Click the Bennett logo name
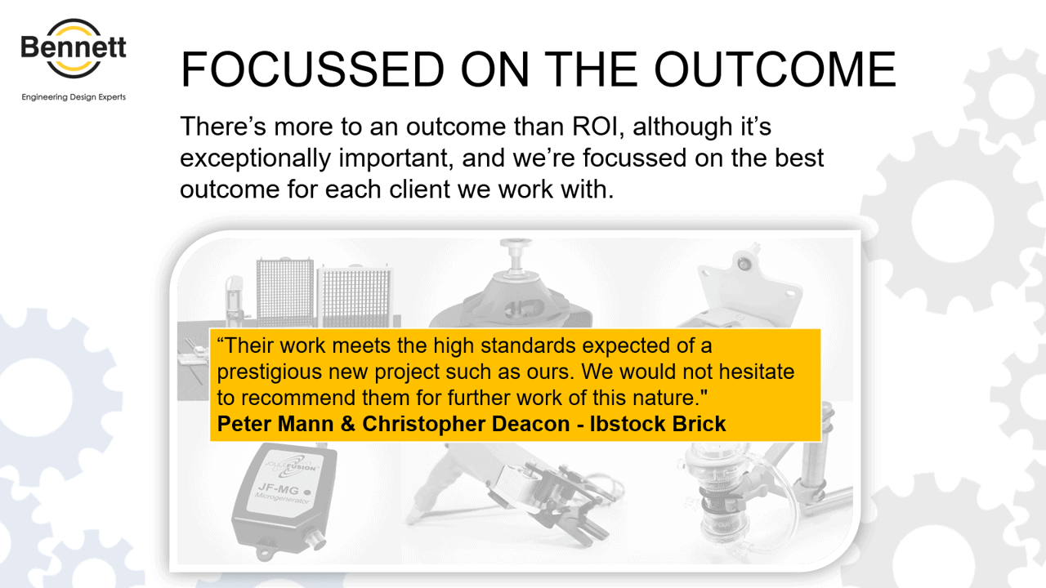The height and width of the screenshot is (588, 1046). coord(74,47)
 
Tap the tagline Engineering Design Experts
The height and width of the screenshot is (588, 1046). coord(74,97)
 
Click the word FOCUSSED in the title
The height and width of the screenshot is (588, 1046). coord(312,69)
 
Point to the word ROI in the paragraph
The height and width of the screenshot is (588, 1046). coord(598,127)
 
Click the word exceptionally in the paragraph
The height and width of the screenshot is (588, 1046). coord(256,158)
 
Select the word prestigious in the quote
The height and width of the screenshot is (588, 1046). coord(270,372)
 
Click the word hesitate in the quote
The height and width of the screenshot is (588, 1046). coord(757,372)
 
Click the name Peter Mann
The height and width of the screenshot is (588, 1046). coord(275,424)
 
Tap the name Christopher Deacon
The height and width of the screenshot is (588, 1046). coord(466,424)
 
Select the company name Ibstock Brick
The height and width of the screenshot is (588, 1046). coord(658,424)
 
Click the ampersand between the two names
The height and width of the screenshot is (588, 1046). coord(348,424)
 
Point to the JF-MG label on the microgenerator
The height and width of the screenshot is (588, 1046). coord(279,488)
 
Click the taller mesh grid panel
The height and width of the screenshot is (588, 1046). coord(285,292)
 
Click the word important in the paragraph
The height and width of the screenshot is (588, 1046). coord(396,158)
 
